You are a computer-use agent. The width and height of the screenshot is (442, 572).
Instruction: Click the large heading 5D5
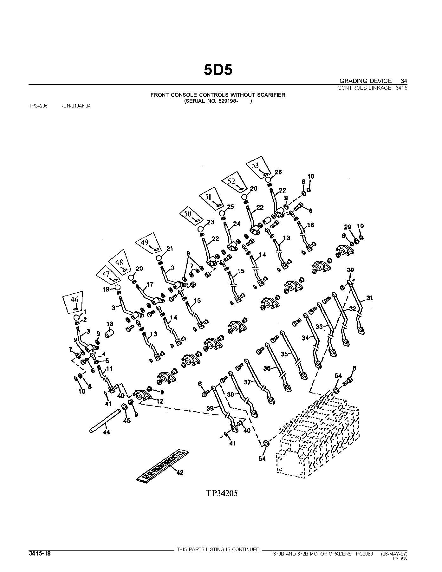click(x=218, y=70)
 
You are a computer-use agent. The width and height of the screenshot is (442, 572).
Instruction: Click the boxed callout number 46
click(x=74, y=299)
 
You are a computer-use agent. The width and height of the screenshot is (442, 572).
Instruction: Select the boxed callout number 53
click(x=255, y=165)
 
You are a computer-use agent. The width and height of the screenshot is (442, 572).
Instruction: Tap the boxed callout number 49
click(x=145, y=242)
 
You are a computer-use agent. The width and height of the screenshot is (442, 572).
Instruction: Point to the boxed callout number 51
click(x=208, y=197)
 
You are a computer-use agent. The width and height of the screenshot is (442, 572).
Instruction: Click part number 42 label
click(x=179, y=472)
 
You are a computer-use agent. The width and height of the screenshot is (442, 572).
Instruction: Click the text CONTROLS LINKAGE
click(x=364, y=88)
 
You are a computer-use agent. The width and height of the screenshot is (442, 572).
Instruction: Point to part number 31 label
click(x=369, y=298)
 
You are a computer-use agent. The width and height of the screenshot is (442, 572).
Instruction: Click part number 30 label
click(x=350, y=270)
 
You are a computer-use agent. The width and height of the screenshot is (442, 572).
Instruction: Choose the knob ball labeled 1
click(x=77, y=318)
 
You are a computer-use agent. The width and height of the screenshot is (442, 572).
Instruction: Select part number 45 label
click(x=127, y=421)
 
